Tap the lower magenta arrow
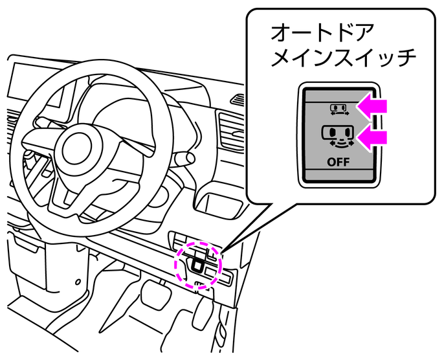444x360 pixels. click(373, 137)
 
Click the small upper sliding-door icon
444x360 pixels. click(337, 107)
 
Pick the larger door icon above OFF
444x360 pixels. click(337, 136)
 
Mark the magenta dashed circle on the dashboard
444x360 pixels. click(198, 264)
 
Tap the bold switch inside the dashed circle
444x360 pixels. click(197, 262)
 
